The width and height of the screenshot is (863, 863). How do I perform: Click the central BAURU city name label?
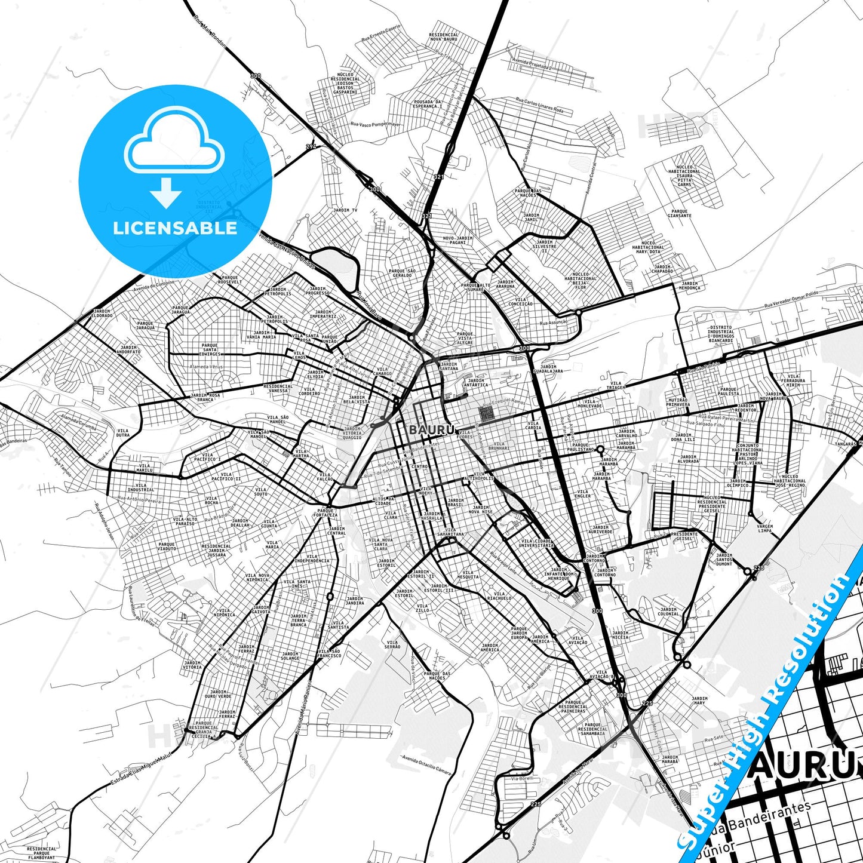click(x=432, y=429)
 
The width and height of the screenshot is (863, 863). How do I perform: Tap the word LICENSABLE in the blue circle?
click(x=175, y=228)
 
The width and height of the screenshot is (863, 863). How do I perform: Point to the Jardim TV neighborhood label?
click(x=345, y=211)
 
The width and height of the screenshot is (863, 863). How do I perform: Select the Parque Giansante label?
click(x=680, y=213)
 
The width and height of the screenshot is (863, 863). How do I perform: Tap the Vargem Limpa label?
click(x=764, y=529)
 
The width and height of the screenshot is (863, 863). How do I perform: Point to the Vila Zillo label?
click(x=422, y=609)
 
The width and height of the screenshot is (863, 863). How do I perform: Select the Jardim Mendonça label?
click(x=689, y=286)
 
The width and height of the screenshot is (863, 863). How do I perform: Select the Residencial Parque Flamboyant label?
click(x=42, y=852)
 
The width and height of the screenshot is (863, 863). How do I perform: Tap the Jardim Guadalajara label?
click(x=548, y=369)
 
